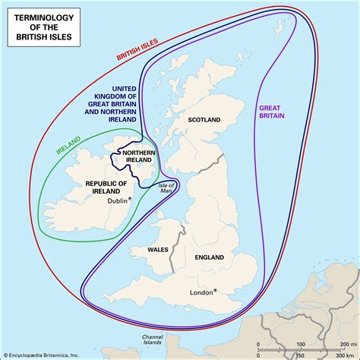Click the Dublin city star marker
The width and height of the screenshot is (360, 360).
click(130, 199)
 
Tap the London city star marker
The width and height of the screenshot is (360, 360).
click(215, 291)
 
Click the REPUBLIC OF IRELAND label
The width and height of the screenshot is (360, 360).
click(104, 188)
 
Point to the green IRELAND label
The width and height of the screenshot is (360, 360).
click(69, 145)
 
